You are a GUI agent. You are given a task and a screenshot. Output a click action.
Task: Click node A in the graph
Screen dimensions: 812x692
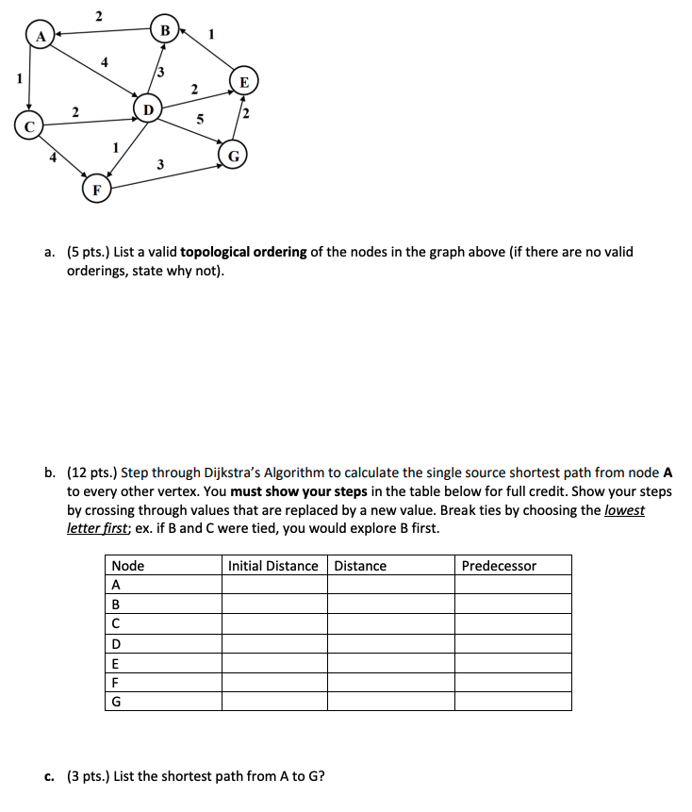(x=40, y=37)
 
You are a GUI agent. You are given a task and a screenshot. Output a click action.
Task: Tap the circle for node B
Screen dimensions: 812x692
(x=164, y=30)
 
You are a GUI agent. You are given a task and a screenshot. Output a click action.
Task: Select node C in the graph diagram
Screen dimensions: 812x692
(x=29, y=124)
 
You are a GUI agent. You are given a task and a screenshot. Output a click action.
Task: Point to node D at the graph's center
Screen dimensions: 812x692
(x=147, y=110)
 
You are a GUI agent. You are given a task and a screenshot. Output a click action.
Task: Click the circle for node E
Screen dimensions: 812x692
(x=244, y=82)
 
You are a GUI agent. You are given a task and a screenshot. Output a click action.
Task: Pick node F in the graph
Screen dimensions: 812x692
(x=94, y=190)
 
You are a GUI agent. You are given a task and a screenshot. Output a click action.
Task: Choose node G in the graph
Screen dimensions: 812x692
(x=233, y=155)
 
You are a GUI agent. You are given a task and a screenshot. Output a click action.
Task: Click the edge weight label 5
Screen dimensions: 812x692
(x=199, y=120)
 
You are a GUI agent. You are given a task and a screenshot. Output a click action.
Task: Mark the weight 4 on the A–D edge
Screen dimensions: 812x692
(x=106, y=62)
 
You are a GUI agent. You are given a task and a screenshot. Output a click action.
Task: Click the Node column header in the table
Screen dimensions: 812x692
(x=128, y=566)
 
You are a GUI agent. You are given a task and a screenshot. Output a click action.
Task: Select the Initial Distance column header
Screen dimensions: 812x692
(x=273, y=566)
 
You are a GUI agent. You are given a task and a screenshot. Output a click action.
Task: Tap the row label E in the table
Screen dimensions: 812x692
(x=116, y=662)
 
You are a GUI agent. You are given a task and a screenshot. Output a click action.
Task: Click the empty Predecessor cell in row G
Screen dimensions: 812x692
(x=513, y=701)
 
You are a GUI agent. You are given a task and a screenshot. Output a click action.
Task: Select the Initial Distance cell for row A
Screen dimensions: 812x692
(x=274, y=585)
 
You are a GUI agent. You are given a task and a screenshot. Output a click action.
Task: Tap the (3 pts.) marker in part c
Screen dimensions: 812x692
(x=88, y=776)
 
